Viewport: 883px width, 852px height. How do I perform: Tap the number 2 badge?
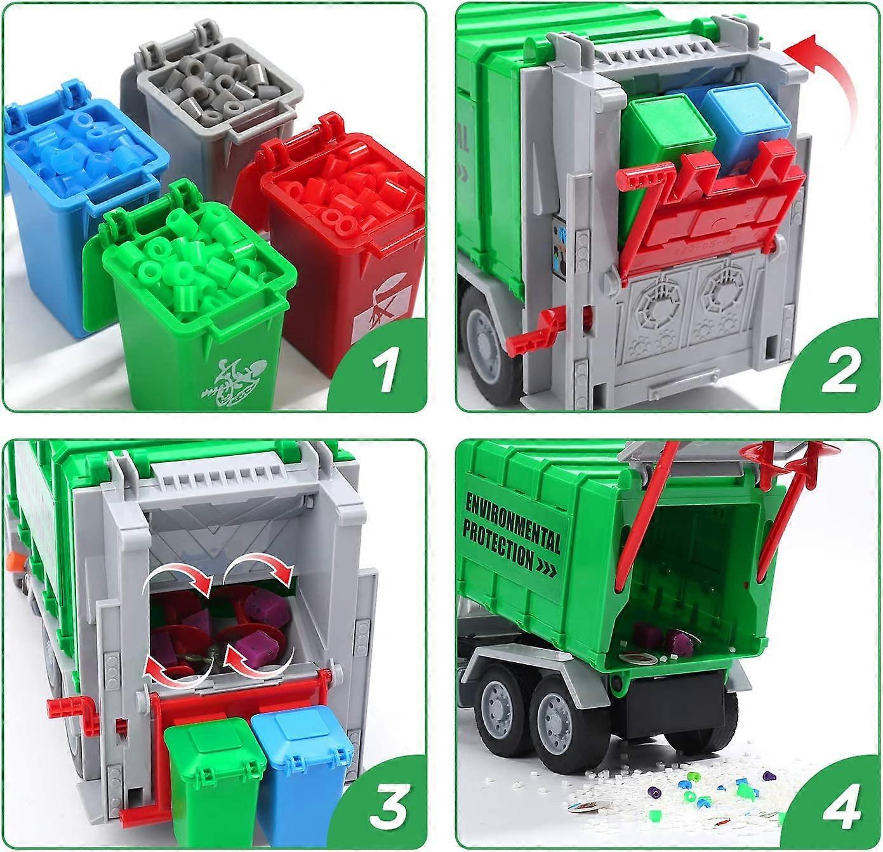pyautogui.click(x=839, y=371)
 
